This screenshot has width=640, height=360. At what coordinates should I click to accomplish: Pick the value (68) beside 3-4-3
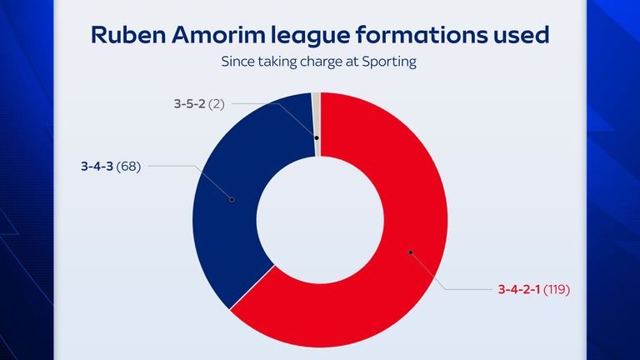pos(128,166)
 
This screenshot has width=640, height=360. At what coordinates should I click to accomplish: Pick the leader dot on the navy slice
pos(231,199)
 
